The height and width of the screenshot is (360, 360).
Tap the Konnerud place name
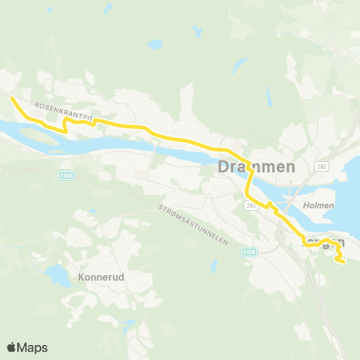(100, 276)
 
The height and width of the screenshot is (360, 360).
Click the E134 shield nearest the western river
(67, 174)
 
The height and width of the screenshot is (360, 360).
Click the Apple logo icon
(12, 347)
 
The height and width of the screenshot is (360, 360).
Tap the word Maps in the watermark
(33, 347)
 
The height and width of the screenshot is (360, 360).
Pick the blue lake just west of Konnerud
(54, 274)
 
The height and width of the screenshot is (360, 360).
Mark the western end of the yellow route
(11, 97)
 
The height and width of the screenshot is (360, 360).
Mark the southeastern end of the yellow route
(342, 261)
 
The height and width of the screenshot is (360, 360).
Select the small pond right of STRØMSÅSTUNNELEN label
(214, 264)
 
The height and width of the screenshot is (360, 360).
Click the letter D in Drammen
(223, 167)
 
